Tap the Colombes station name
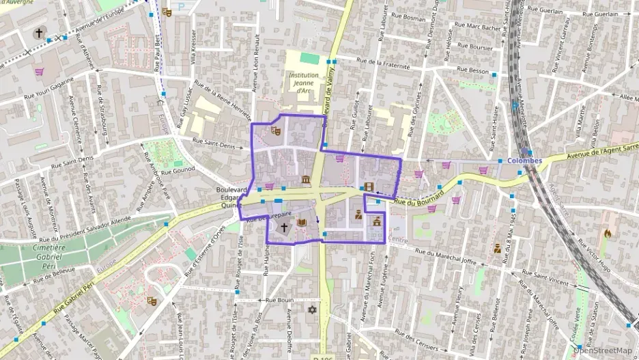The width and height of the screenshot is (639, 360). click(525, 161)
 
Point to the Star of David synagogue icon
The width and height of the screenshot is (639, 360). click(313, 309)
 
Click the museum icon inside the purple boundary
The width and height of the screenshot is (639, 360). click(305, 180)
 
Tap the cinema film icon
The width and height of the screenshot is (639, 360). click(369, 186)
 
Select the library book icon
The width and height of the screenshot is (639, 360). click(302, 222)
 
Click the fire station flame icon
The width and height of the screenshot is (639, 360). click(607, 234)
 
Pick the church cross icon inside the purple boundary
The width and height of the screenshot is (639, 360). click(284, 226)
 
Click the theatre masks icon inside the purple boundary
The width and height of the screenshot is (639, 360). click(276, 130)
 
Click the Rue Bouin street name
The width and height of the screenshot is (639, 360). click(279, 300)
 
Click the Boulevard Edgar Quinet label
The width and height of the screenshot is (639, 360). click(229, 197)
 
